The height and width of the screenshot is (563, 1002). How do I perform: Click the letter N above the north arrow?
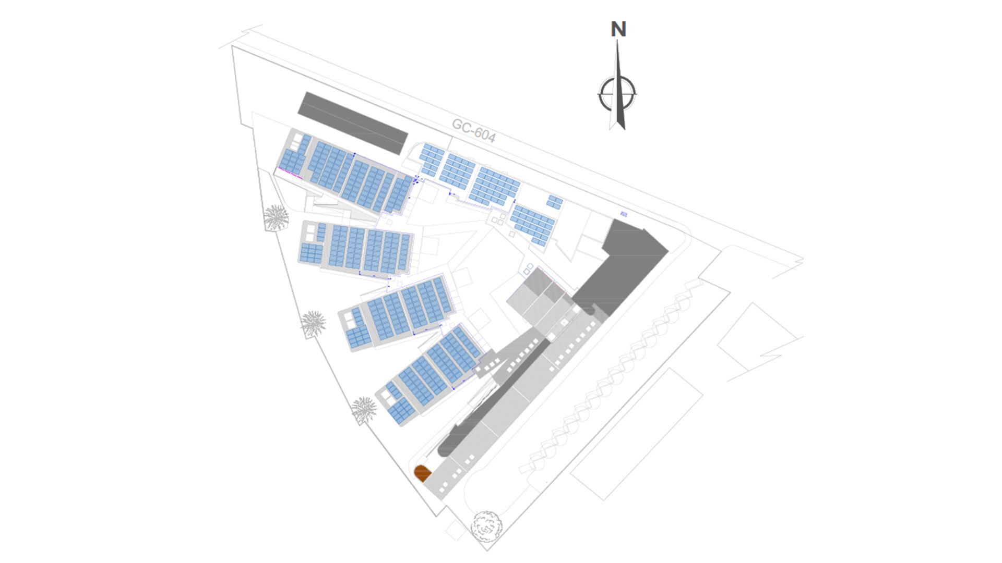(618, 29)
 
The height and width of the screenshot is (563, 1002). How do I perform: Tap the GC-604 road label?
(473, 130)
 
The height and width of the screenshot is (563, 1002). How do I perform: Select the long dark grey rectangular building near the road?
(352, 123)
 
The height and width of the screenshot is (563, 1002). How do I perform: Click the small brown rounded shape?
(422, 473)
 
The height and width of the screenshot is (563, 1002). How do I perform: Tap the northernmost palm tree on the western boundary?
(276, 217)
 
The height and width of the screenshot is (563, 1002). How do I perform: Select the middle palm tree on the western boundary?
(313, 324)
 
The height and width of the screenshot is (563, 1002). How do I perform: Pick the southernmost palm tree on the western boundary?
(364, 410)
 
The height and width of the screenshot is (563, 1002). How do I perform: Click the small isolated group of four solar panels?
(555, 202)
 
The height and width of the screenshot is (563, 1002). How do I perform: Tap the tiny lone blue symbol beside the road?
(624, 214)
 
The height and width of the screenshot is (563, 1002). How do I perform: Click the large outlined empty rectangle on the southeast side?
(637, 434)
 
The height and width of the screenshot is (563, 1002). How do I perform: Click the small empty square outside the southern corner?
(456, 530)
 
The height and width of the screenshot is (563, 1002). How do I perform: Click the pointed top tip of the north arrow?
(618, 40)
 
